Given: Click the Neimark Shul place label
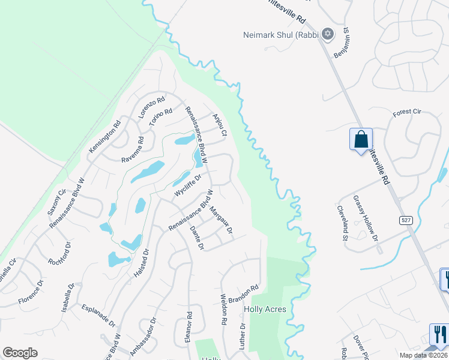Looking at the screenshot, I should tap(280, 35).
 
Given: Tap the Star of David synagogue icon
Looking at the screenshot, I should tap(328, 34).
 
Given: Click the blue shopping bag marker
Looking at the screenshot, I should tap(361, 139).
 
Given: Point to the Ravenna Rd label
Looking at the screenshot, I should tap(133, 150).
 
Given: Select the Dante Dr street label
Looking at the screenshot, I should tap(197, 238).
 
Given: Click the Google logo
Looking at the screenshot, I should tap(20, 353).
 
